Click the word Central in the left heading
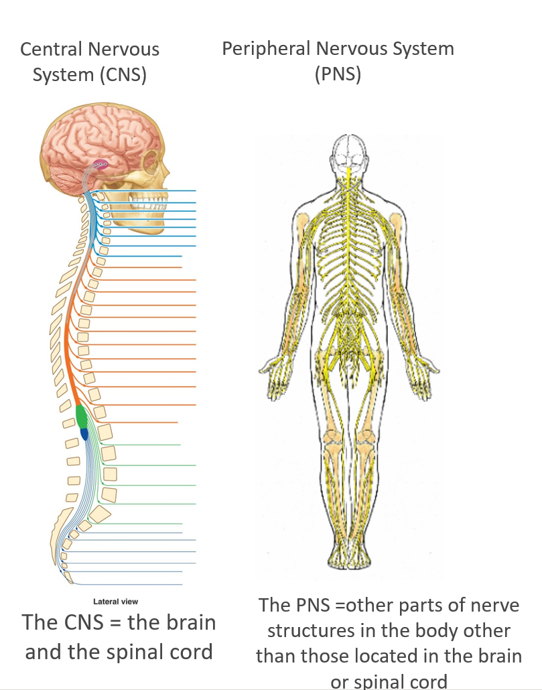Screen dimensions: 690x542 (x=49, y=50)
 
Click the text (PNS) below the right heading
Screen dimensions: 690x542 (x=338, y=74)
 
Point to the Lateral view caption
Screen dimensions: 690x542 (x=116, y=602)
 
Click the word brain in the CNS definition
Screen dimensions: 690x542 (x=188, y=622)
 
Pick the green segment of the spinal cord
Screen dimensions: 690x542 (x=82, y=416)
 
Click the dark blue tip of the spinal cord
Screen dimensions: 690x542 (x=84, y=435)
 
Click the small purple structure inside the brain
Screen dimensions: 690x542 (x=100, y=163)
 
